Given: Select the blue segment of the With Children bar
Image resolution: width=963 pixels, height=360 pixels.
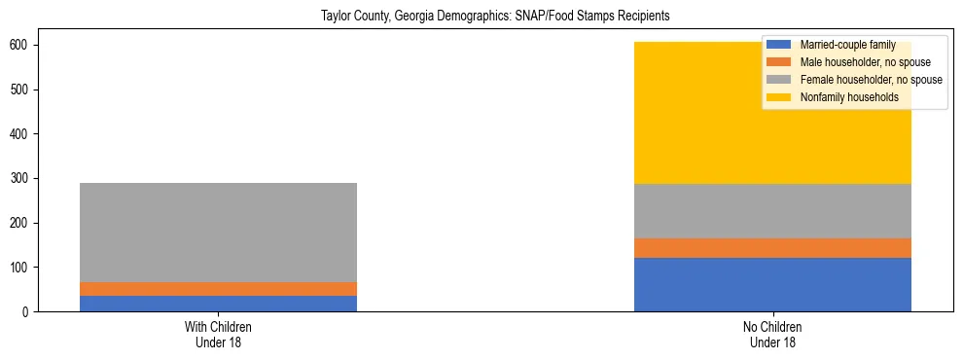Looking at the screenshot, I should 218,304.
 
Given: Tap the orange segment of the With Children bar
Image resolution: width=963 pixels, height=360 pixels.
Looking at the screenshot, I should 218,289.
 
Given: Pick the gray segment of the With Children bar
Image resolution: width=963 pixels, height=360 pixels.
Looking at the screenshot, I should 218,233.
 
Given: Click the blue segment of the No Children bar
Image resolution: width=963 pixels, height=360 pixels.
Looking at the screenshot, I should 772,284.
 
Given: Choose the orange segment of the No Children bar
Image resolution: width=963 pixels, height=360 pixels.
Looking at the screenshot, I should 772,248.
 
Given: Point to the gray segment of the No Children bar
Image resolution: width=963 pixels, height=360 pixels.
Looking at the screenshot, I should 772,211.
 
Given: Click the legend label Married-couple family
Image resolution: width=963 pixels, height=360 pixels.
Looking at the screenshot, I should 847,45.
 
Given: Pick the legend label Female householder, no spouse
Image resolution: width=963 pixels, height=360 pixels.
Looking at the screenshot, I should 871,80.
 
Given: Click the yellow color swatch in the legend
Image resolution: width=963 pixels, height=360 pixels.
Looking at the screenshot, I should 779,97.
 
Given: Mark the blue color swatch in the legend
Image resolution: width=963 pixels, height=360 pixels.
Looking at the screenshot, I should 779,45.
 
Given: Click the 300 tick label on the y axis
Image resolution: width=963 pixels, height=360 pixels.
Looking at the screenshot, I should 22,178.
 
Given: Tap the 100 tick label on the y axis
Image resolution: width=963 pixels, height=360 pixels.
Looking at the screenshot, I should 22,268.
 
